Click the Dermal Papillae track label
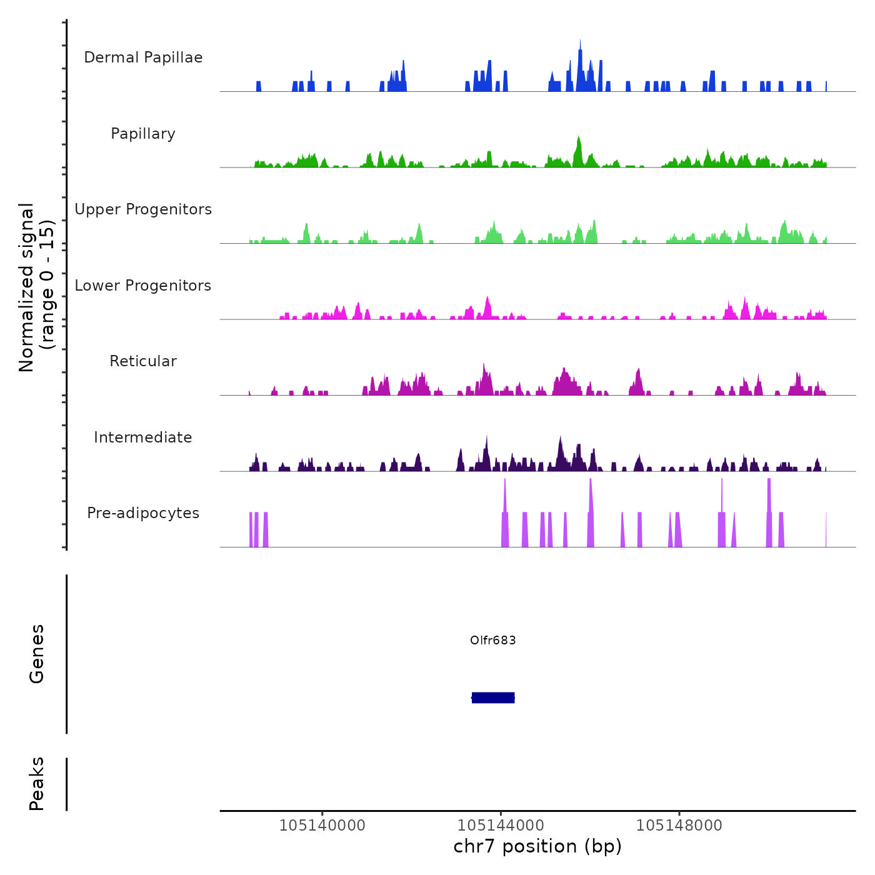tap(143, 57)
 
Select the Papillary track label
tap(143, 134)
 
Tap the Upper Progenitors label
tap(143, 209)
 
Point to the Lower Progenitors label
tap(143, 286)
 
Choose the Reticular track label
tap(143, 361)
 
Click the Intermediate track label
tap(143, 437)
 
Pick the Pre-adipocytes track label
tap(143, 513)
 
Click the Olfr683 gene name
tap(493, 640)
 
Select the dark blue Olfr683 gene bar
tap(493, 697)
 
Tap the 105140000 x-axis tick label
tap(322, 825)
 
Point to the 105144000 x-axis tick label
tap(501, 825)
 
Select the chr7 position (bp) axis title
tap(537, 846)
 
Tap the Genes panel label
tap(37, 654)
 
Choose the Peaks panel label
tap(37, 784)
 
